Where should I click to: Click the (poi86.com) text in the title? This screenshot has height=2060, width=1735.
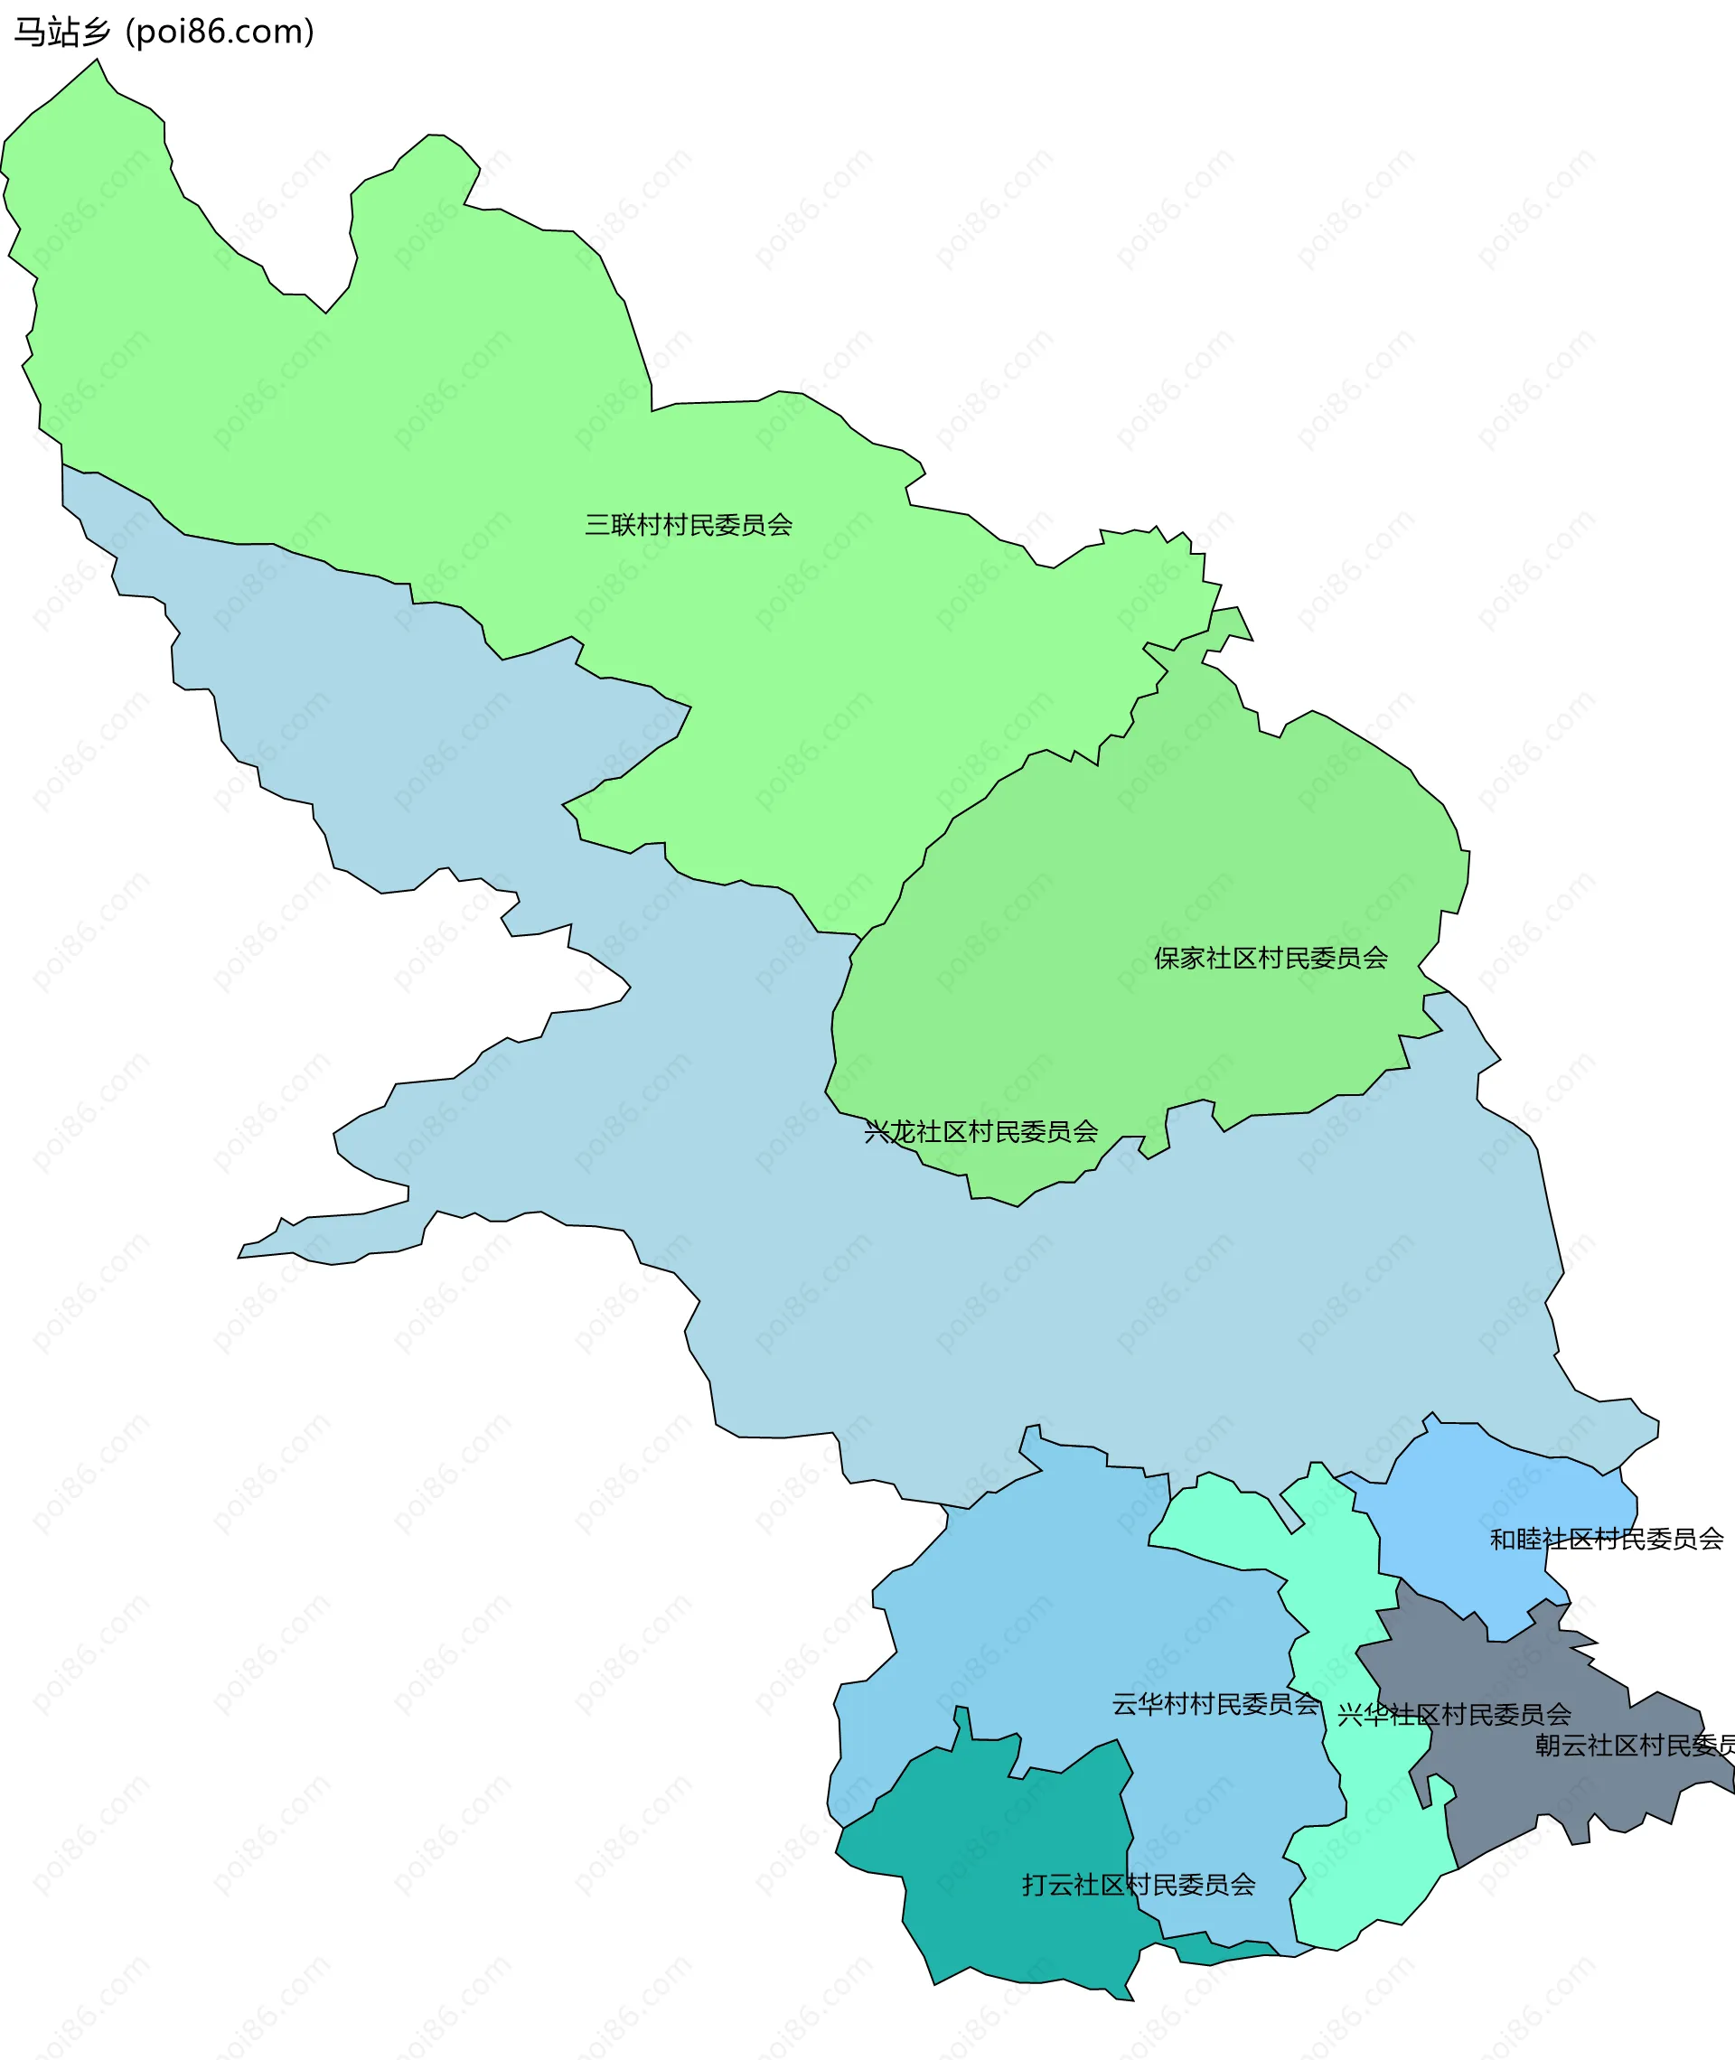click(x=220, y=33)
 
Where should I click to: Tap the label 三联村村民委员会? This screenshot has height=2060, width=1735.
click(x=689, y=525)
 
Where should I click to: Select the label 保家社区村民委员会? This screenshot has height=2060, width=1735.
click(x=1271, y=958)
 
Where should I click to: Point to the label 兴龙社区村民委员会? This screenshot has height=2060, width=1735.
click(x=980, y=1132)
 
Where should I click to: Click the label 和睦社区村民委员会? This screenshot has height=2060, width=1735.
click(x=1606, y=1539)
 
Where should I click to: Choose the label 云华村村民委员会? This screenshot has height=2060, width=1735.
click(x=1215, y=1704)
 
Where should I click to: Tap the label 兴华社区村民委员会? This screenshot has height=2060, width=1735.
click(x=1454, y=1715)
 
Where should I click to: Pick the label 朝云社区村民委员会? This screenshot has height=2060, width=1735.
click(x=1633, y=1746)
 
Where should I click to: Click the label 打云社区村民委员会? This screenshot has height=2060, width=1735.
click(x=1139, y=1885)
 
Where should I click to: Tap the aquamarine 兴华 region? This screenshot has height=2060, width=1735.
click(x=1367, y=1868)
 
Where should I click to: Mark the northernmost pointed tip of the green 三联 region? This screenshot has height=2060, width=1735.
click(x=97, y=61)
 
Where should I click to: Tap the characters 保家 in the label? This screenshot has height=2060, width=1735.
click(x=1179, y=958)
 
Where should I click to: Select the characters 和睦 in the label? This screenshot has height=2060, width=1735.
click(x=1515, y=1539)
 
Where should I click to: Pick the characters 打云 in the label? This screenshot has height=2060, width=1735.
click(x=1047, y=1885)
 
